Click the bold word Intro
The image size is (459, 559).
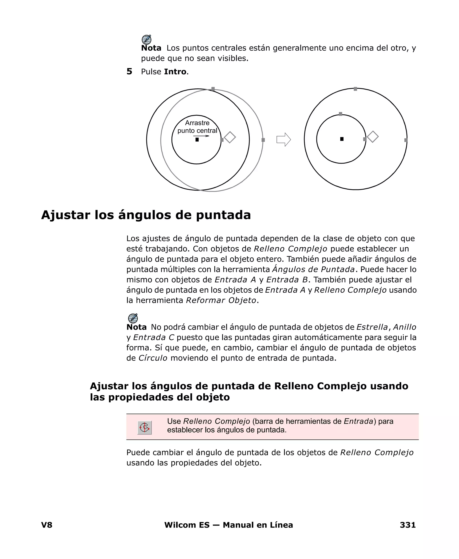point(175,72)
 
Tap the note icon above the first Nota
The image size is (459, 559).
point(147,40)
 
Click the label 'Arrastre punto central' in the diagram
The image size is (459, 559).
point(197,127)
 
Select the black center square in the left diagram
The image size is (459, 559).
point(197,140)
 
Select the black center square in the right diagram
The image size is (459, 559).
point(342,139)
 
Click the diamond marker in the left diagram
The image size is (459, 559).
point(230,137)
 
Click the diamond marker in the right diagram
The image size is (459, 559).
point(373,137)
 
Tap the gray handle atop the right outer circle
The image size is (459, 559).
point(355,89)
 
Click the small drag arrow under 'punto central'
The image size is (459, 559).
point(201,136)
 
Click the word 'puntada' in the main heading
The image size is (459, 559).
point(223,215)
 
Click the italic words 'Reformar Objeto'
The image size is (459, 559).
point(221,300)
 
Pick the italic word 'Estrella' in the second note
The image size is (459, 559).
point(372,327)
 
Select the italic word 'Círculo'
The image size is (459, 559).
point(153,358)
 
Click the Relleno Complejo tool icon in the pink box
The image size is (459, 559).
point(145,428)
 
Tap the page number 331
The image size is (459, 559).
point(408,525)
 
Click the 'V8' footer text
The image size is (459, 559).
point(47,525)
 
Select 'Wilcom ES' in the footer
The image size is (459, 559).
point(187,525)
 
